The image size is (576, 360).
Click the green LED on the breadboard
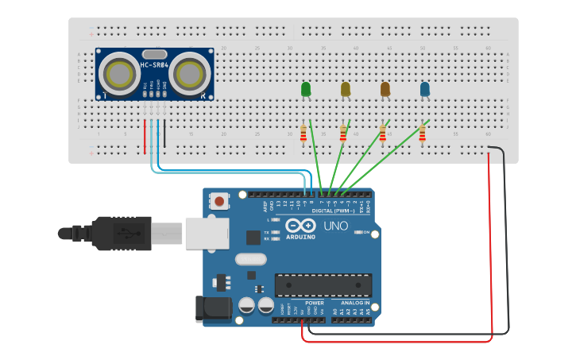coord(306,90)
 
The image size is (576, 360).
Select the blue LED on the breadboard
coord(425,90)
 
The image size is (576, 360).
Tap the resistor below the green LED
coord(303,134)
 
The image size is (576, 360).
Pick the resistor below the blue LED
coord(422,134)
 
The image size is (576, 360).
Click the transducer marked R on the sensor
coord(190,74)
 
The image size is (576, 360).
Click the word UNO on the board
coord(335,226)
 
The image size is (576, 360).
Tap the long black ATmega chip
coord(323,285)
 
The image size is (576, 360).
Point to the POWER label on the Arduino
coord(315,303)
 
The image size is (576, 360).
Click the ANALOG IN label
coord(355,303)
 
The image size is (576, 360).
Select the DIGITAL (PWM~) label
coord(334,211)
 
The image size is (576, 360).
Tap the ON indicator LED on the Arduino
coord(360,232)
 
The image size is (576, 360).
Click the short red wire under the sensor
coord(145,137)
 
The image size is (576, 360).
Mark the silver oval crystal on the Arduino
coord(251,258)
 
